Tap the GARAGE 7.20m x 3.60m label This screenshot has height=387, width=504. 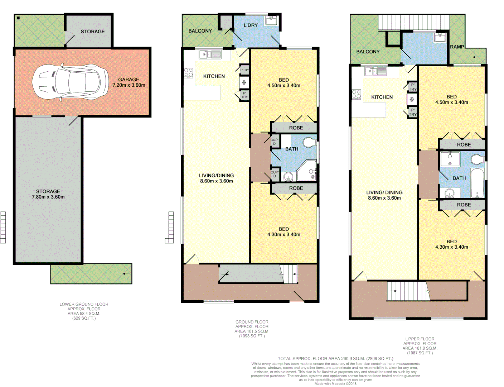coord(129,82)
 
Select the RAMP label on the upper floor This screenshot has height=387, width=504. coord(457,47)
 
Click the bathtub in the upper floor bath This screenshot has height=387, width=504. coord(477,183)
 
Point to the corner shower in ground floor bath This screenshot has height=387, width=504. coord(306,171)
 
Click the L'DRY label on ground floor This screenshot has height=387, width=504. coord(251,25)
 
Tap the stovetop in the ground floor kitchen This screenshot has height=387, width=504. coord(188,73)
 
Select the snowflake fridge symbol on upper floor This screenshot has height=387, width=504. coord(412,99)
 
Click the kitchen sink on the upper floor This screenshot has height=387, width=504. coord(376,71)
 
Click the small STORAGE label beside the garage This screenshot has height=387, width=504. coord(92,32)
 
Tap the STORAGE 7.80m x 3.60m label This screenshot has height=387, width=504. coord(48,194)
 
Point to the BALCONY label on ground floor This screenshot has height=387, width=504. coord(200,31)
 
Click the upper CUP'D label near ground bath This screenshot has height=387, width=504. coord(275,142)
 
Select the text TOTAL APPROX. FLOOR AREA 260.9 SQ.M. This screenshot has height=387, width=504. coord(335,358)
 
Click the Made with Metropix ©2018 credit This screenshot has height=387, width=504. coord(335,384)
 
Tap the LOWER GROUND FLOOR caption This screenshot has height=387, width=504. coord(84,304)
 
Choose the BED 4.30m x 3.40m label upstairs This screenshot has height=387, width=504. coord(451,244)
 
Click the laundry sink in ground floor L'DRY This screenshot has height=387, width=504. coord(271,20)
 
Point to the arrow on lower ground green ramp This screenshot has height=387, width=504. coord(126,274)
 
